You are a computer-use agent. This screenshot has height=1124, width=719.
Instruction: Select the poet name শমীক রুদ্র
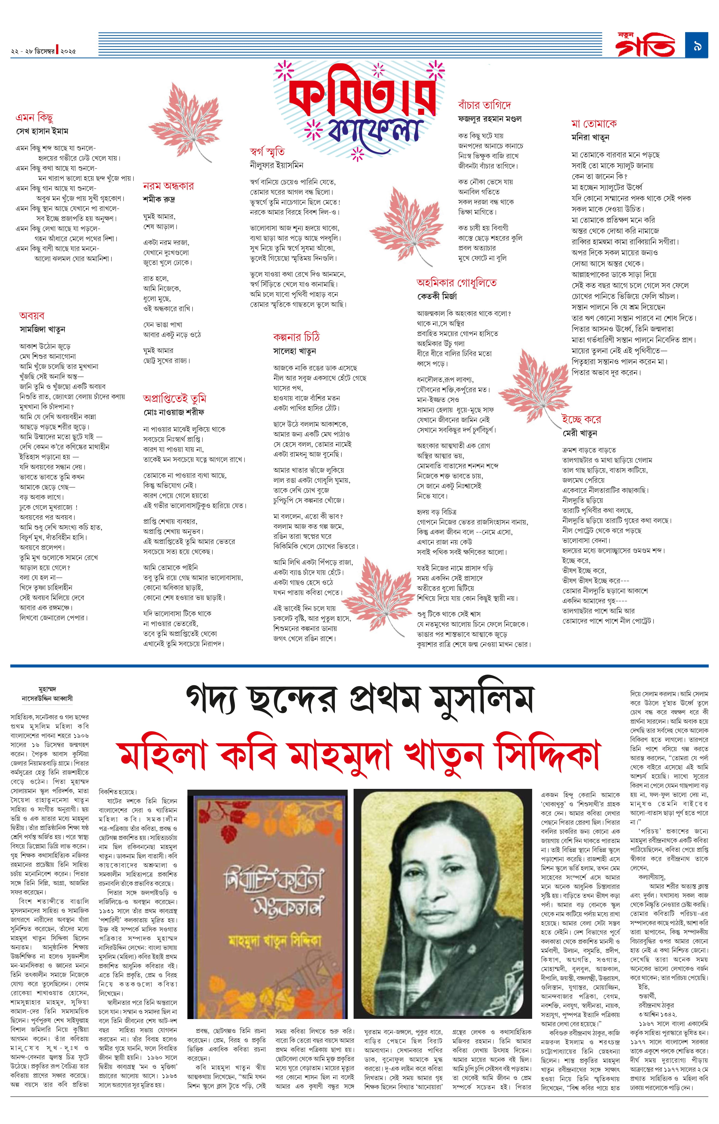coord(159,199)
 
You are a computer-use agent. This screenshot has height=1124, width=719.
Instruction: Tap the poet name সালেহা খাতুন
coord(295,351)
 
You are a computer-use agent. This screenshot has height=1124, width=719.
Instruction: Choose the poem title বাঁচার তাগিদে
coord(484,105)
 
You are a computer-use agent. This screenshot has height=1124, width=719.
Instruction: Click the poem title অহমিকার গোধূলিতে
coord(456,283)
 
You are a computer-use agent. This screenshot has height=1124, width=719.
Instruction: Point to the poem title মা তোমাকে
coord(594,124)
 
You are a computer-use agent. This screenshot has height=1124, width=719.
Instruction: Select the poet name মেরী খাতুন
coord(579,433)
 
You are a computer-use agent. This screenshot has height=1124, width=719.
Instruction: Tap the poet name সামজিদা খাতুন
coord(42,329)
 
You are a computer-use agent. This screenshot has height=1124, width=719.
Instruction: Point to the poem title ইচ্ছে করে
coord(581,419)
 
